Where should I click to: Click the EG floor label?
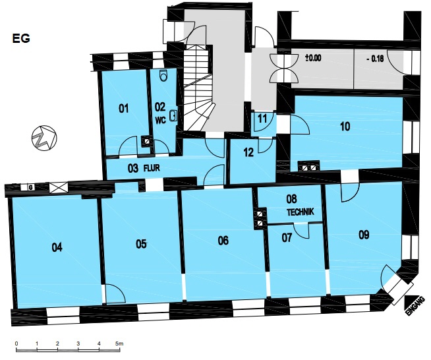(21, 38)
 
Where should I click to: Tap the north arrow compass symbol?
(44, 138)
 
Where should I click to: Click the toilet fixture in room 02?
(164, 75)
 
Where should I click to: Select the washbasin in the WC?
(174, 115)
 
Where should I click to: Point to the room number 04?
(57, 247)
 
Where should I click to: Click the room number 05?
(141, 244)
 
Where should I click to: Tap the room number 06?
(223, 241)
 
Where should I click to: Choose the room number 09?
(364, 235)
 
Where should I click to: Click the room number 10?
(345, 127)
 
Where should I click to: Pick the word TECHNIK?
(301, 212)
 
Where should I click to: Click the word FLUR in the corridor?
(152, 168)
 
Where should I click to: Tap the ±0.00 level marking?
(313, 58)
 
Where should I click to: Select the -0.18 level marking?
(376, 59)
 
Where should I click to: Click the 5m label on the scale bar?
(119, 344)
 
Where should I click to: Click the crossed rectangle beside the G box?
(59, 187)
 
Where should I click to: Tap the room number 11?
(262, 119)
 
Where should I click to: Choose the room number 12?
(248, 152)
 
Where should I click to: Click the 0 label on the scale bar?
(16, 344)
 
